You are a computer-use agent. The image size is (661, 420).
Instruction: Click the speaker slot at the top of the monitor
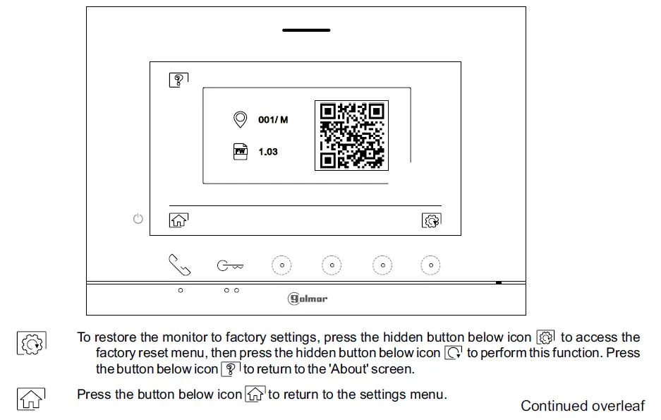(x=306, y=30)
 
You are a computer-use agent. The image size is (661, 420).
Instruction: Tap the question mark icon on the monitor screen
(x=178, y=80)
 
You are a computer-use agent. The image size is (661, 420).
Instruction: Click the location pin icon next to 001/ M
(x=241, y=119)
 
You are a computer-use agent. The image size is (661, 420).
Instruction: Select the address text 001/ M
(x=273, y=120)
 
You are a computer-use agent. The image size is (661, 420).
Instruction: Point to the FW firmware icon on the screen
(x=241, y=151)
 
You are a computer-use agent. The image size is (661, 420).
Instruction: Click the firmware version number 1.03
(x=268, y=152)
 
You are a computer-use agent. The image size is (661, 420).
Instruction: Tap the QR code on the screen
(x=351, y=136)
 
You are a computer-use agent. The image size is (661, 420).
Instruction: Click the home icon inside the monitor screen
(x=178, y=220)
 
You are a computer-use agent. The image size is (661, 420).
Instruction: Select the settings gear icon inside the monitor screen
(x=431, y=220)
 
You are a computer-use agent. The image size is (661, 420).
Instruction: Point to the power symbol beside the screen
(x=138, y=219)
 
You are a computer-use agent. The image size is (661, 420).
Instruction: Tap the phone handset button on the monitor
(x=180, y=265)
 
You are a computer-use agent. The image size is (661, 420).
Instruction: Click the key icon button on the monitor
(x=230, y=266)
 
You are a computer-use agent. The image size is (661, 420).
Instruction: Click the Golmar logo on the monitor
(x=308, y=299)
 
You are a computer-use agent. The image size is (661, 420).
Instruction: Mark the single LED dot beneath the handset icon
(x=181, y=290)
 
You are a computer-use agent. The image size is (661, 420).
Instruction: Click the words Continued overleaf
(x=582, y=406)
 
